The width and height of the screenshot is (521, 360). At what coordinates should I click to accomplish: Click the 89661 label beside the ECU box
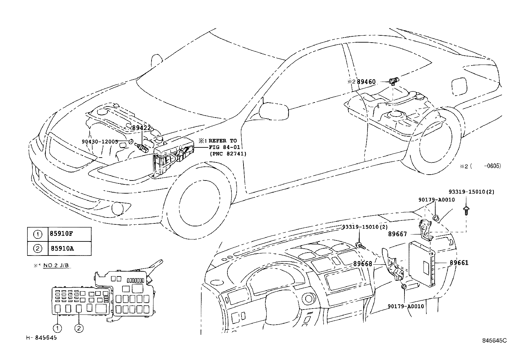458,262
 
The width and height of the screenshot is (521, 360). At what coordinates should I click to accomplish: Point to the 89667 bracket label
397,234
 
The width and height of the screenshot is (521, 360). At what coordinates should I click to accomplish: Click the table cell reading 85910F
62,234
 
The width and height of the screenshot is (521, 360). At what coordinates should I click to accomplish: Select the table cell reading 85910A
62,248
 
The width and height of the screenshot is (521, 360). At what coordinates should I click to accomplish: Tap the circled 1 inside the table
38,234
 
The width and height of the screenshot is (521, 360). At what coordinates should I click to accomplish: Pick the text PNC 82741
228,153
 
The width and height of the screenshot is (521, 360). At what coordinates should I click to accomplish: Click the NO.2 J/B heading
56,265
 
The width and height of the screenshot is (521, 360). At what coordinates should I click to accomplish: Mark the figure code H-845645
42,338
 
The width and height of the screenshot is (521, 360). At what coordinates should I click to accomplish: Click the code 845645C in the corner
494,340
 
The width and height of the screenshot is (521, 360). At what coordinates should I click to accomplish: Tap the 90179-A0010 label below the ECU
406,306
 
